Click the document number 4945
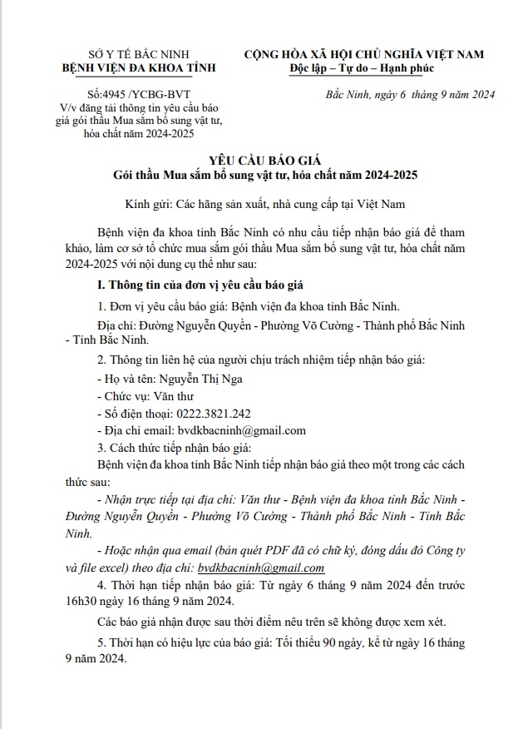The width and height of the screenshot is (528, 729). [112, 95]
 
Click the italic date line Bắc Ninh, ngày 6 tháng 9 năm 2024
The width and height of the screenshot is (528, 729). [410, 94]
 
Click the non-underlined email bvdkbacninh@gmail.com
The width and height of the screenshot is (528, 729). [242, 430]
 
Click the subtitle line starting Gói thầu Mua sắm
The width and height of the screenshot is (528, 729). [264, 176]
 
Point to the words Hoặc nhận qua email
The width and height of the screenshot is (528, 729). [151, 551]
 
